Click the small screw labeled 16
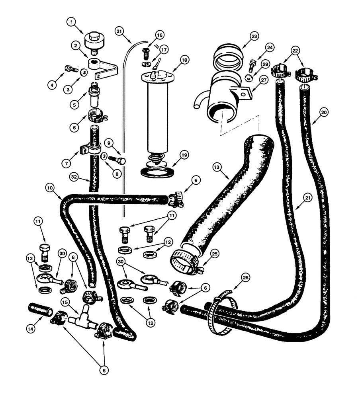[145, 51]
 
